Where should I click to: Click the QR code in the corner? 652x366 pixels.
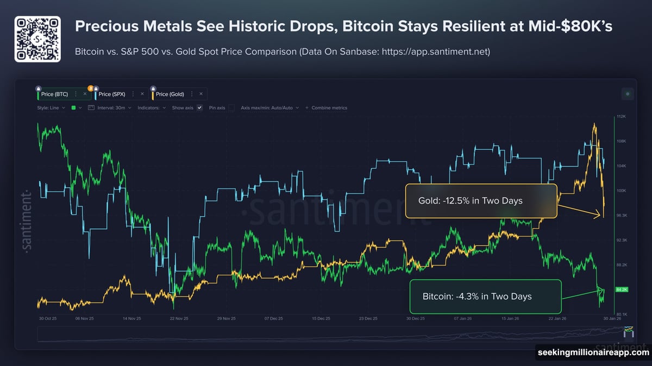pyautogui.click(x=37, y=39)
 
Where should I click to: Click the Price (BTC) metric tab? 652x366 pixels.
pyautogui.click(x=54, y=94)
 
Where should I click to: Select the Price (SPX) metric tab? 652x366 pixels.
pyautogui.click(x=112, y=94)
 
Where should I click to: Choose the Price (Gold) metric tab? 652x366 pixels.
pyautogui.click(x=170, y=94)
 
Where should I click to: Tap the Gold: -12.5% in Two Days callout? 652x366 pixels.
pyautogui.click(x=481, y=201)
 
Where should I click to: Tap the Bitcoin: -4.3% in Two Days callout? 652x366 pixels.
pyautogui.click(x=485, y=296)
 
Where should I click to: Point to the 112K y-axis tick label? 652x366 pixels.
pyautogui.click(x=622, y=117)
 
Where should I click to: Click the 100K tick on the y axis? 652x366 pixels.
pyautogui.click(x=622, y=191)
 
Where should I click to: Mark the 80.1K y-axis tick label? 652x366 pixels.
pyautogui.click(x=622, y=314)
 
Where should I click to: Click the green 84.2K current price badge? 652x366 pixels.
pyautogui.click(x=622, y=289)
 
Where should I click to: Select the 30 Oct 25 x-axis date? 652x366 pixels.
pyautogui.click(x=48, y=319)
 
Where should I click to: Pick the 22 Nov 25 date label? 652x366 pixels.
pyautogui.click(x=180, y=319)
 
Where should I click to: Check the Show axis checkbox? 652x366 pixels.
pyautogui.click(x=199, y=108)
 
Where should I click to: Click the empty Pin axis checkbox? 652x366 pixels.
pyautogui.click(x=231, y=108)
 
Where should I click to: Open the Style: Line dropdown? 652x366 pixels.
pyautogui.click(x=51, y=108)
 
